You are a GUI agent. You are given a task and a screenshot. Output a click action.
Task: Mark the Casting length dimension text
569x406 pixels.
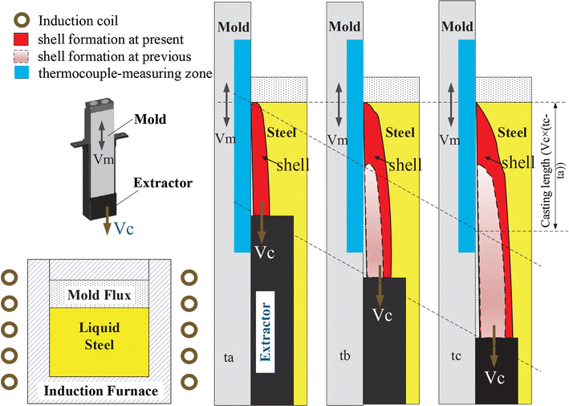[x=547, y=168]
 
